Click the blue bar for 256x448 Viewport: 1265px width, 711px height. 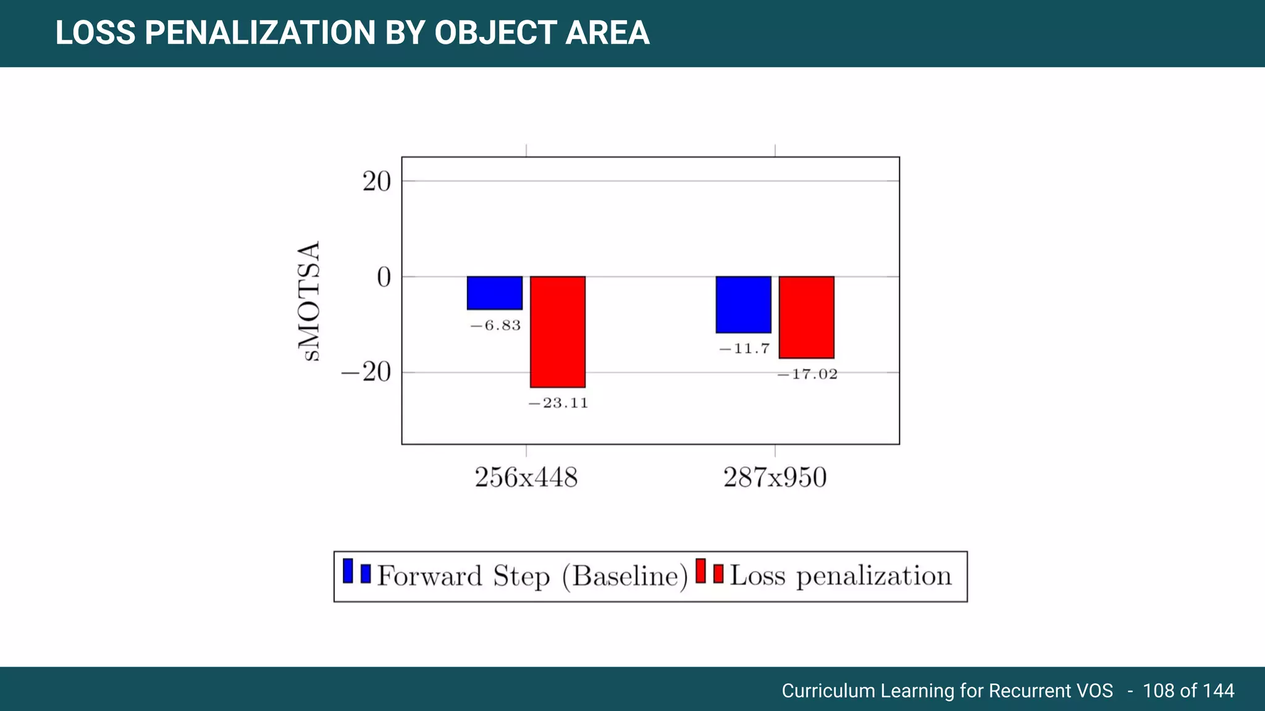494,293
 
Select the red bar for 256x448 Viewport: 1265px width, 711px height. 557,331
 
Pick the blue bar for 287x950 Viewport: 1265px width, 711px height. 743,304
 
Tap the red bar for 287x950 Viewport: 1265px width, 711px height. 806,317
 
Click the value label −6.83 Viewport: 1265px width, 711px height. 495,325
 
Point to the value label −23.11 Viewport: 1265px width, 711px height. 558,403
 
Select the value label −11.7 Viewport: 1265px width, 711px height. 744,349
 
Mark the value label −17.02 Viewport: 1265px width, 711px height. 807,374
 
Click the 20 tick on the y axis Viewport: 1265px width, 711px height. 376,181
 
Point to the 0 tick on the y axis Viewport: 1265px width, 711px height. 384,277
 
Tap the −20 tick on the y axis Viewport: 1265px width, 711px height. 366,372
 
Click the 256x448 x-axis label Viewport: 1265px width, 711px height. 526,478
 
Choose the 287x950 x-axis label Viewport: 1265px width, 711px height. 775,478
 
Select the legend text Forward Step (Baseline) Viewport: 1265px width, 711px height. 532,576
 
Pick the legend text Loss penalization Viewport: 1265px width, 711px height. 841,576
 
